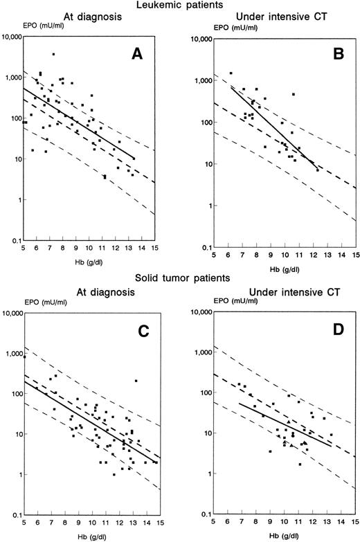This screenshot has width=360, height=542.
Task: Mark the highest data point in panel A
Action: pos(53,54)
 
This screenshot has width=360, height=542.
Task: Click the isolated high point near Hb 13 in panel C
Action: pos(136,381)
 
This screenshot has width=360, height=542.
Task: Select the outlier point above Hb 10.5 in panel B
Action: pos(294,94)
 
